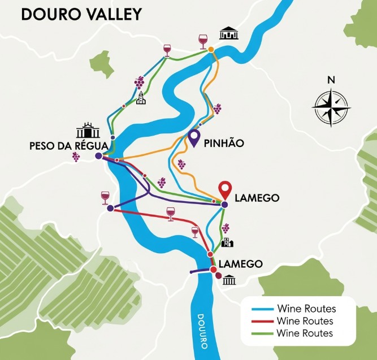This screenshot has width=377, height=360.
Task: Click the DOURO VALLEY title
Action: pyautogui.click(x=81, y=14)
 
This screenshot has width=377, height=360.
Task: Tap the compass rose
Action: pyautogui.click(x=331, y=105)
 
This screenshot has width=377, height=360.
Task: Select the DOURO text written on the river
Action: pyautogui.click(x=203, y=329)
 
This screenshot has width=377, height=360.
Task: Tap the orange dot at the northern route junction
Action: pyautogui.click(x=211, y=50)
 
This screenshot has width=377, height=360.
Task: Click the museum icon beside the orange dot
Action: pyautogui.click(x=228, y=33)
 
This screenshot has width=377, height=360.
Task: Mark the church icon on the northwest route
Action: pyautogui.click(x=141, y=99)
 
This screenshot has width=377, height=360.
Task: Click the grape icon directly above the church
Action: pyautogui.click(x=139, y=83)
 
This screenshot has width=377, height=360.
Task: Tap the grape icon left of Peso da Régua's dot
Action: pyautogui.click(x=76, y=157)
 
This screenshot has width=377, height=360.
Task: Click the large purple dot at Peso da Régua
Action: pyautogui.click(x=99, y=155)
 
